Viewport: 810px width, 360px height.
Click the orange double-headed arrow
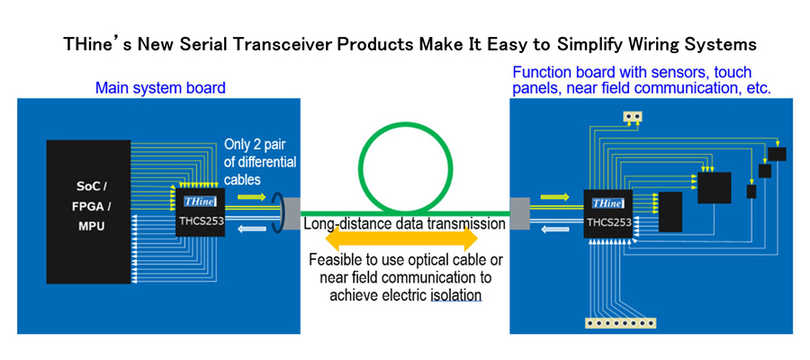401,240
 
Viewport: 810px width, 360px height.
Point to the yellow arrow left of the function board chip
555,195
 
